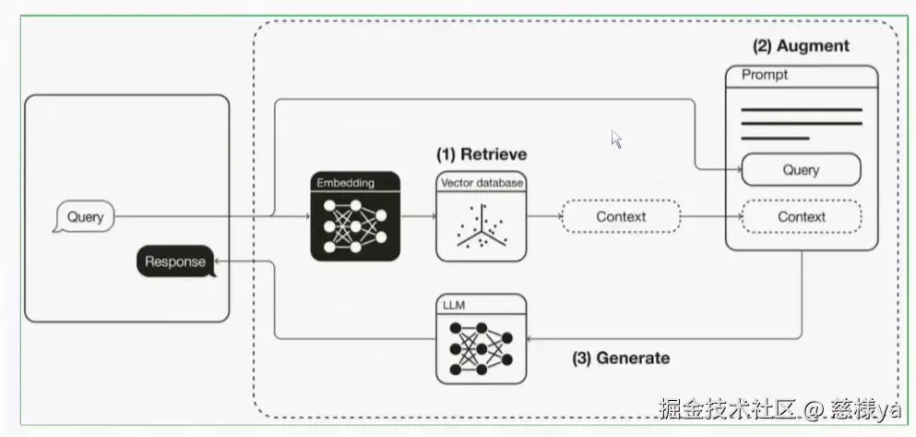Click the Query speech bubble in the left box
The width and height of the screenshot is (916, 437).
coord(85,219)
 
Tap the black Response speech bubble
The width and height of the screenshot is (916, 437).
coord(174,261)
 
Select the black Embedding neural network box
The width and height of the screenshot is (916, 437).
coord(355,217)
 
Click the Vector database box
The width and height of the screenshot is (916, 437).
coord(481,217)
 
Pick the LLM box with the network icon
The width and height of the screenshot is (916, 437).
coord(481,339)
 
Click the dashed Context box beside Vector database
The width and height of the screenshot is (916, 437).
coord(621,217)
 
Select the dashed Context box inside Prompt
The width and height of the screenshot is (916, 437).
coord(801,217)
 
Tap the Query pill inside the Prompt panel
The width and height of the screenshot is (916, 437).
coord(801,170)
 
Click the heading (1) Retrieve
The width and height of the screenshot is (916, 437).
coord(481,153)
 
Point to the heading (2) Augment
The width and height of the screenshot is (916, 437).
coord(801,45)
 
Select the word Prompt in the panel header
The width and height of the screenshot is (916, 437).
coord(765,75)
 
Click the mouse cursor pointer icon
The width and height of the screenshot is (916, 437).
coord(616,139)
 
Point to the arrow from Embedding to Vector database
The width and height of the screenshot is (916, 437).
coord(418,217)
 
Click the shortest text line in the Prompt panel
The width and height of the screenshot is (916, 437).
coord(775,139)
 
